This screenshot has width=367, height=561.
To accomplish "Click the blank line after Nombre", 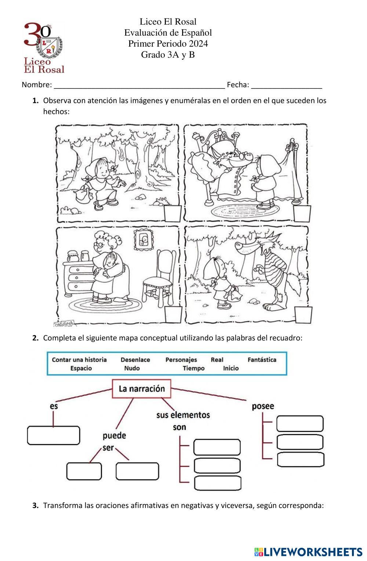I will (x=139, y=86).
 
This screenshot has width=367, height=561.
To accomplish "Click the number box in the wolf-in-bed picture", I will (x=302, y=213).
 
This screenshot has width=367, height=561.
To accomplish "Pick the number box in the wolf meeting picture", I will (x=304, y=315).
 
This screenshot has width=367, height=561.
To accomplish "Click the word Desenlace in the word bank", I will (x=135, y=360).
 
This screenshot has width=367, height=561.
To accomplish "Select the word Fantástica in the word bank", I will (x=262, y=360).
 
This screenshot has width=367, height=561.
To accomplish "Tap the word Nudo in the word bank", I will (x=132, y=368).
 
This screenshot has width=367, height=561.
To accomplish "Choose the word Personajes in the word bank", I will (x=181, y=360).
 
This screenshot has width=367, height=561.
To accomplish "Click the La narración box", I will (x=141, y=389).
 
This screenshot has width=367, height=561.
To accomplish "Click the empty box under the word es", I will (x=54, y=435).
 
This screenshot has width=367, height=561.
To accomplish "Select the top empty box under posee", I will (x=300, y=424).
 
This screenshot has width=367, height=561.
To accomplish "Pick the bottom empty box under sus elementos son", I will (x=217, y=483).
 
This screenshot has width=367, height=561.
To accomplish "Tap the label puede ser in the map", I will (x=114, y=441).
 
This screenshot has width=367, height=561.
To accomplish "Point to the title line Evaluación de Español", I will (x=168, y=33).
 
